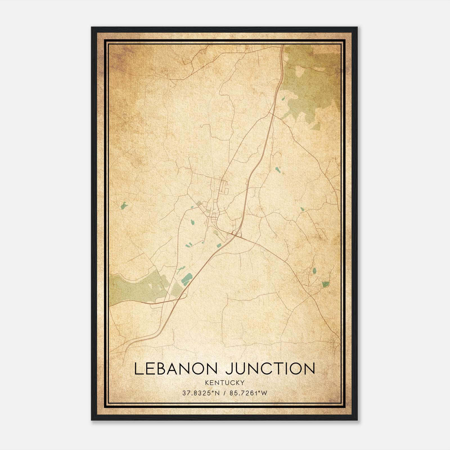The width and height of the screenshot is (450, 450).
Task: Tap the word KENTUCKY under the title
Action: click(225, 382)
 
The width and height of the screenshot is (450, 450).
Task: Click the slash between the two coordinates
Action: click(224, 393)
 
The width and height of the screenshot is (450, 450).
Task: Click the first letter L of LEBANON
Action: click(138, 369)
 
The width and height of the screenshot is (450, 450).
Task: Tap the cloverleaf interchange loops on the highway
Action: click(236, 233)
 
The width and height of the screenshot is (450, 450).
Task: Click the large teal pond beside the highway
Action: click(186, 279)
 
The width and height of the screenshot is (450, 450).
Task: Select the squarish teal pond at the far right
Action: click(325, 284)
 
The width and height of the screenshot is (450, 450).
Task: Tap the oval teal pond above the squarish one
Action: click(314, 271)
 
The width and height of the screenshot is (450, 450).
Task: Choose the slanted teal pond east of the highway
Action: click(278, 170)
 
